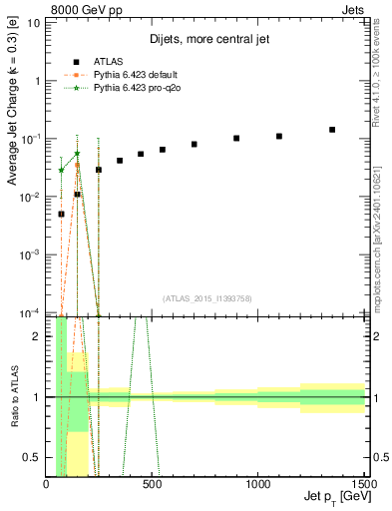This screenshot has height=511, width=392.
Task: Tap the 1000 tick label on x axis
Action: pos(257,485)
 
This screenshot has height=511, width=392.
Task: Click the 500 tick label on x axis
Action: pos(153,485)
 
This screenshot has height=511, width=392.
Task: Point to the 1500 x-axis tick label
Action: pos(364,485)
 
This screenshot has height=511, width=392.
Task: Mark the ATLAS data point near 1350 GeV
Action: pos(332,130)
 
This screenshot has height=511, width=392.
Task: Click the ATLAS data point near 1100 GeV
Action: pos(279,136)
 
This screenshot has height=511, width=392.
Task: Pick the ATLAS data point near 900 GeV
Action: pos(236,139)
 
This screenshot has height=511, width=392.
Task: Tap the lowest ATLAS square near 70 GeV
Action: pos(61,214)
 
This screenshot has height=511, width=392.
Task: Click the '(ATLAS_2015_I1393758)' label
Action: pos(206,296)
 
